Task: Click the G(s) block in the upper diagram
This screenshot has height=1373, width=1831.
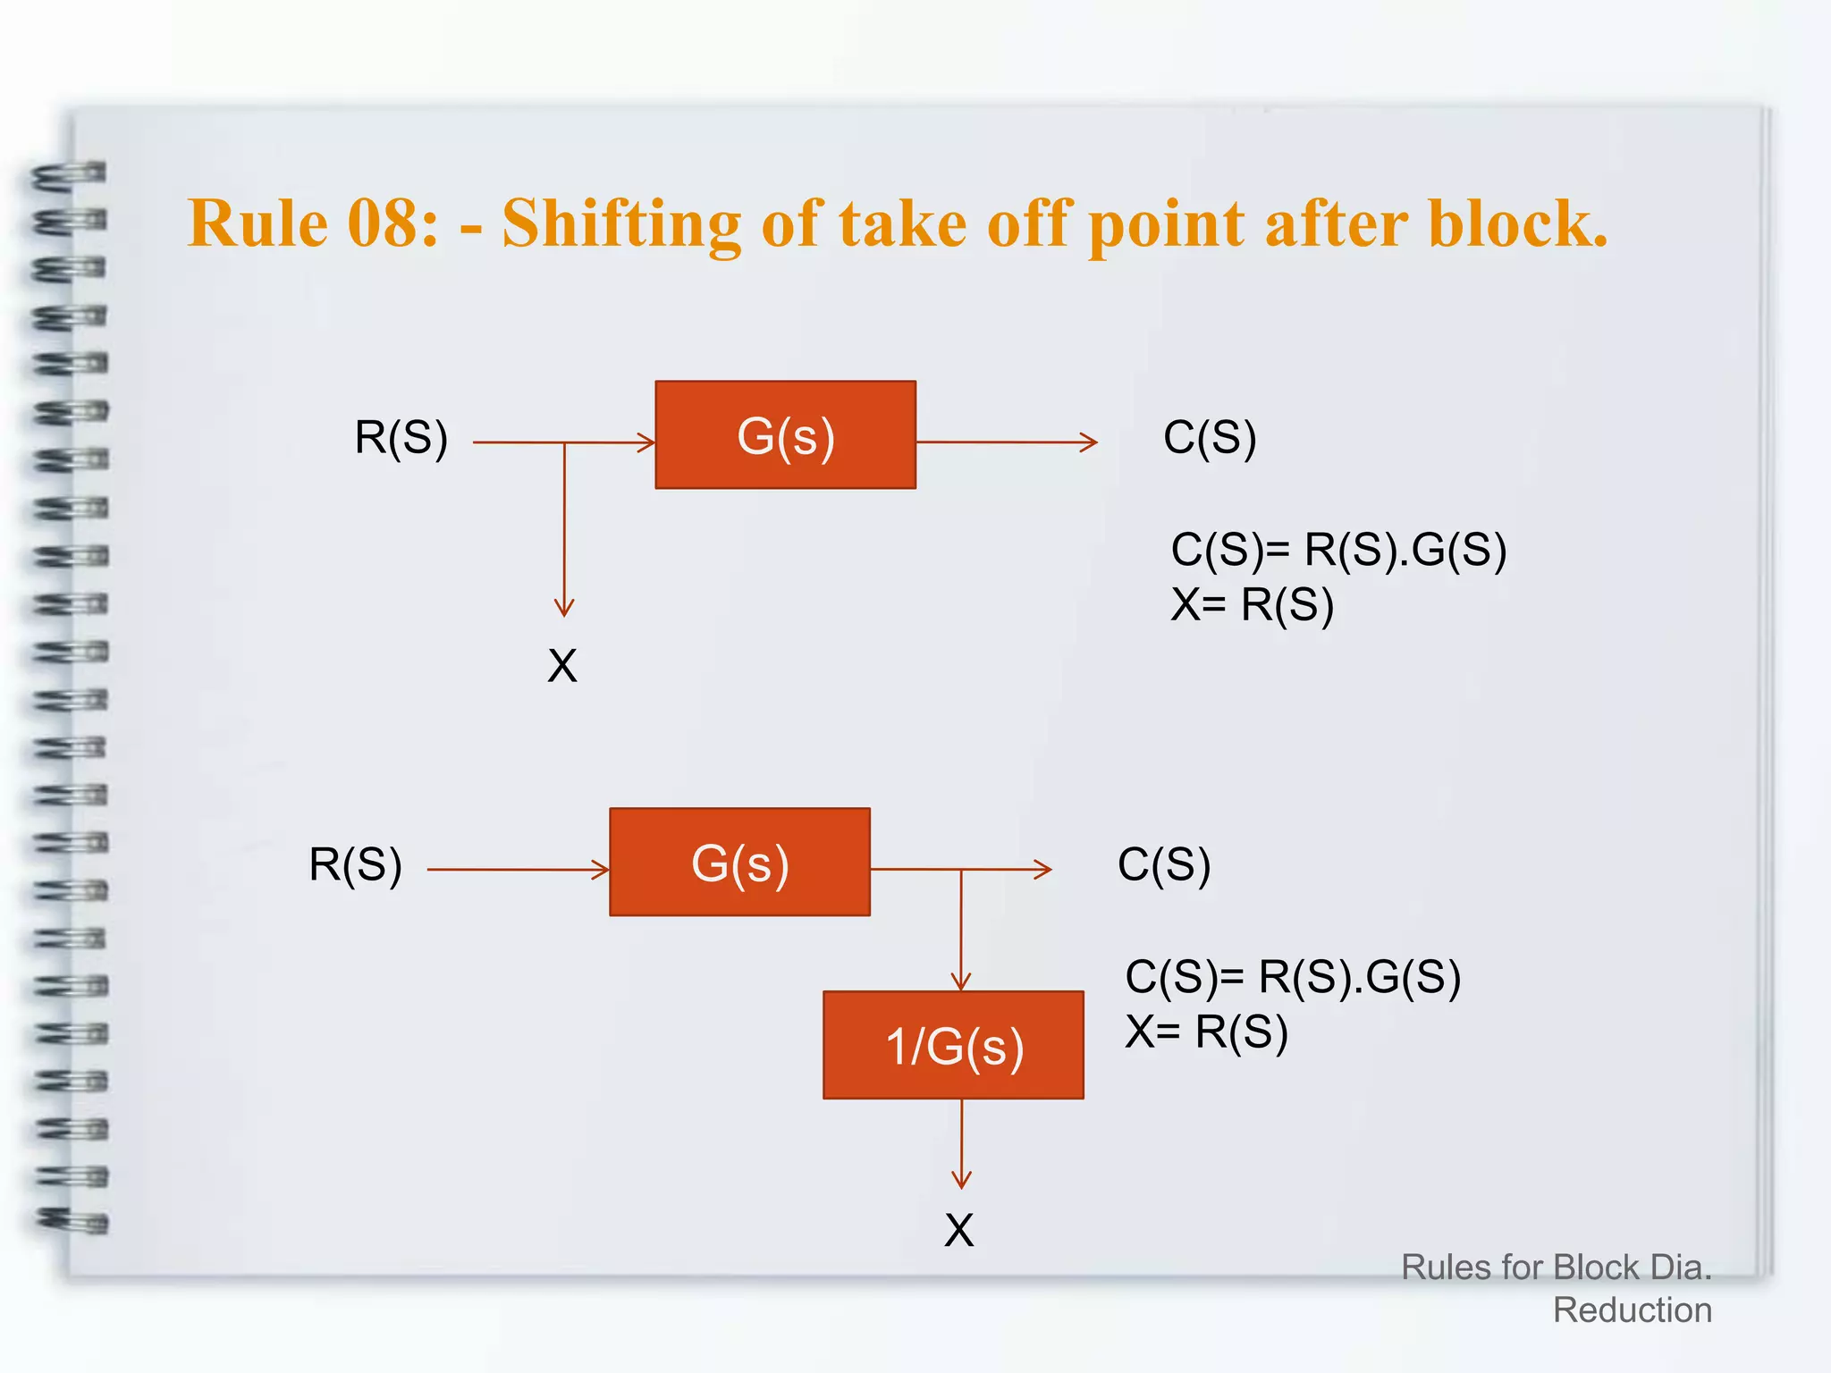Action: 785,435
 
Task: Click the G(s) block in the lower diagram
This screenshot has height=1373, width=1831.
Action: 739,863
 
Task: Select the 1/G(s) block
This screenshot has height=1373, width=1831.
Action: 953,1045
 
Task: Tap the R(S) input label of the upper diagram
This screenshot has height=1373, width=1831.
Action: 401,438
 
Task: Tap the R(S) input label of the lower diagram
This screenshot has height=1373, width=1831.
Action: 355,865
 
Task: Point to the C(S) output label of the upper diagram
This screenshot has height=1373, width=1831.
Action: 1210,438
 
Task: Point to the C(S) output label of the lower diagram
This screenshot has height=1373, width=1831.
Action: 1164,865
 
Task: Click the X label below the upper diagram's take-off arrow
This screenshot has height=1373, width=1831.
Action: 562,667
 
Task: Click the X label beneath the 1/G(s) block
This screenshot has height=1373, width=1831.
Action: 958,1231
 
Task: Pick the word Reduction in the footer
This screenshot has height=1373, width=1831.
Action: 1632,1310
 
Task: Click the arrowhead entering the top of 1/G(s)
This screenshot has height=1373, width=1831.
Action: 961,983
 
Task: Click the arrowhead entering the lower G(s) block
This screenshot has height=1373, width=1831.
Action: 601,869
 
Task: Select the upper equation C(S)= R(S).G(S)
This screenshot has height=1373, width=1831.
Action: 1338,549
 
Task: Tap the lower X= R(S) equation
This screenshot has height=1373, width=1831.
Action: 1206,1032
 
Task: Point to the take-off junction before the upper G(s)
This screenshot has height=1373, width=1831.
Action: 564,442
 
